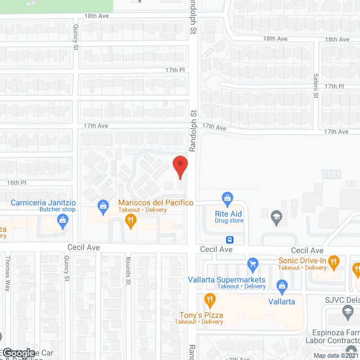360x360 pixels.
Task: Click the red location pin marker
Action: pyautogui.click(x=179, y=166)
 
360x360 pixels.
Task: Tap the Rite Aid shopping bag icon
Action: pyautogui.click(x=227, y=197)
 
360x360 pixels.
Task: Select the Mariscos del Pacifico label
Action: pyautogui.click(x=156, y=202)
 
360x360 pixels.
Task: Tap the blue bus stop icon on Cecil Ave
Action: pyautogui.click(x=231, y=238)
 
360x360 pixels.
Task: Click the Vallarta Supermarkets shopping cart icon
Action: pyautogui.click(x=253, y=262)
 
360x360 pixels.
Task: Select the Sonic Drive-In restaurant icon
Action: pyautogui.click(x=333, y=260)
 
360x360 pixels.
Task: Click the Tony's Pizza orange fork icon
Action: pyautogui.click(x=210, y=298)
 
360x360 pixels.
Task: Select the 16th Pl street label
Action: pyautogui.click(x=16, y=183)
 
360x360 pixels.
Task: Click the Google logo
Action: pyautogui.click(x=18, y=353)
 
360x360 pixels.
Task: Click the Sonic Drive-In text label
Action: pyautogui.click(x=303, y=260)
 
